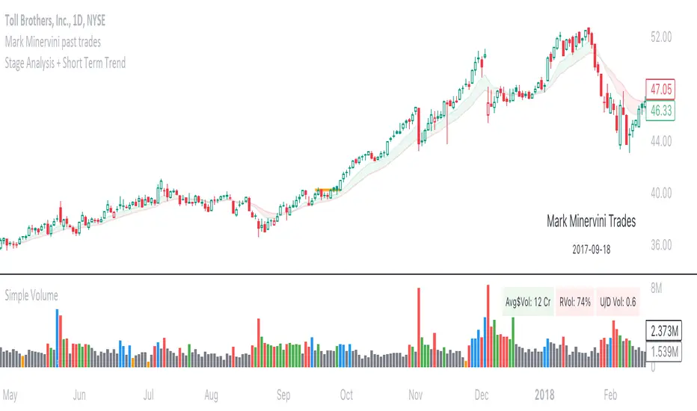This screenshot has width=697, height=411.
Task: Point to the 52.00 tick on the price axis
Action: click(x=663, y=36)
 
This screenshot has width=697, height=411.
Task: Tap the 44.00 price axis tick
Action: click(x=663, y=140)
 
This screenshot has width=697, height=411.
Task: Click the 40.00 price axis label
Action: click(x=663, y=193)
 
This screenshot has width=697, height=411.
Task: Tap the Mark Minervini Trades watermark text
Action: click(x=592, y=221)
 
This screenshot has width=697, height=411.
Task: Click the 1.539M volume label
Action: click(x=663, y=350)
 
